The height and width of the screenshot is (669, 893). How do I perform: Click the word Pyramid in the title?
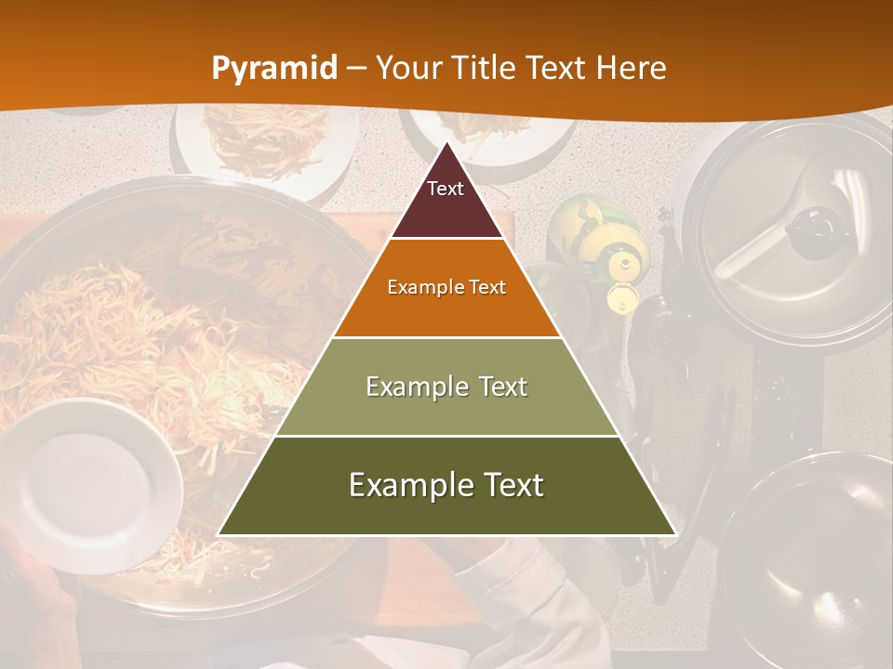(273, 68)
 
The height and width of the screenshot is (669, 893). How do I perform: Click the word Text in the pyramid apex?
(446, 189)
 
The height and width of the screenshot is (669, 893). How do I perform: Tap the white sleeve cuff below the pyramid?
(521, 595)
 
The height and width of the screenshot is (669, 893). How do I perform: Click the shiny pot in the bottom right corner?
(809, 557)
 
